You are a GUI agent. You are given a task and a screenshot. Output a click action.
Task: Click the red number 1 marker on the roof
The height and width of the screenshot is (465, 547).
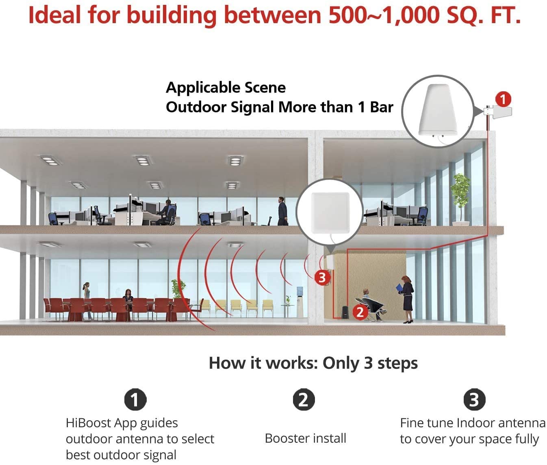503,99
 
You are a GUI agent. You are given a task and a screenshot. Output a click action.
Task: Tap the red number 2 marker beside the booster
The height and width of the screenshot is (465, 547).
360,312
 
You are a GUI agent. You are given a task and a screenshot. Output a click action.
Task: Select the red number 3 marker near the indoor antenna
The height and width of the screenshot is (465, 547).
322,278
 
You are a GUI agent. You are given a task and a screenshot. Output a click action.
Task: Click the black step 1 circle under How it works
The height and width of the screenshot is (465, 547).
135,399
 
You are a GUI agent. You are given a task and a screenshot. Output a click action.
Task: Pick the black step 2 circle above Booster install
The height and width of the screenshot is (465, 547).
304,399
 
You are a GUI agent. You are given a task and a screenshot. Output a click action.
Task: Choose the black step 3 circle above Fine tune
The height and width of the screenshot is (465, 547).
474,399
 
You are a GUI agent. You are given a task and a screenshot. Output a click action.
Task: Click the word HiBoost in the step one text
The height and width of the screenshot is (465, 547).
88,423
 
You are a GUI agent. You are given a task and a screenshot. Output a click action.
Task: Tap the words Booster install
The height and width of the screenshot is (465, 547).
305,438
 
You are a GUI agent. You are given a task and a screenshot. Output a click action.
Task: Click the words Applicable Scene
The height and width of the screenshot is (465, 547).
226,88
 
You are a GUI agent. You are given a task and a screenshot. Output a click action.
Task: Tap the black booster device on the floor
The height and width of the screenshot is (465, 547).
345,312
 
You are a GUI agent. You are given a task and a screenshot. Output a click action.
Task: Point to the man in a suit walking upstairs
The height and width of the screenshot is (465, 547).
282,211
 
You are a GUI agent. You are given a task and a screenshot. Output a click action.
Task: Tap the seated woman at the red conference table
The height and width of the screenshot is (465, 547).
128,299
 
